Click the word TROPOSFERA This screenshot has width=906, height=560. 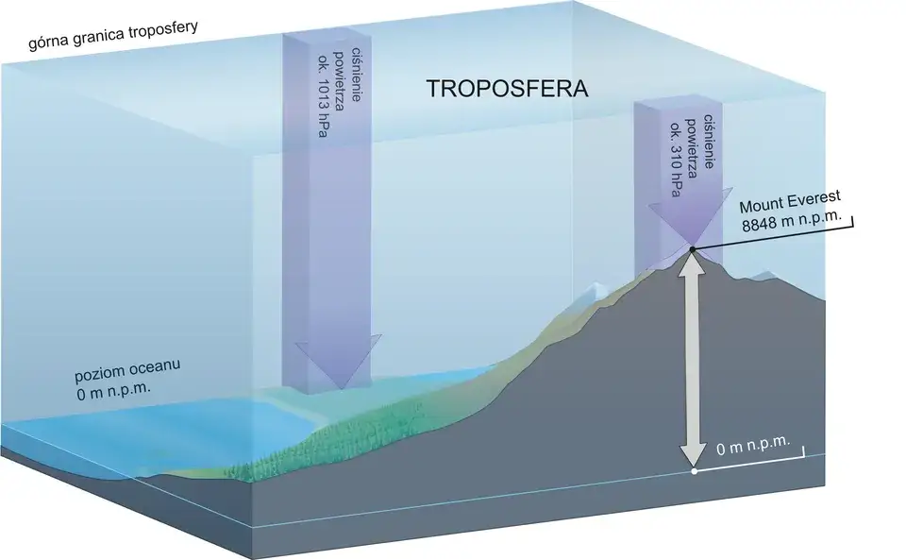click(507, 91)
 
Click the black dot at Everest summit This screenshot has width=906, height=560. click(692, 249)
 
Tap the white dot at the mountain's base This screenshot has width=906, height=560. click(694, 469)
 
